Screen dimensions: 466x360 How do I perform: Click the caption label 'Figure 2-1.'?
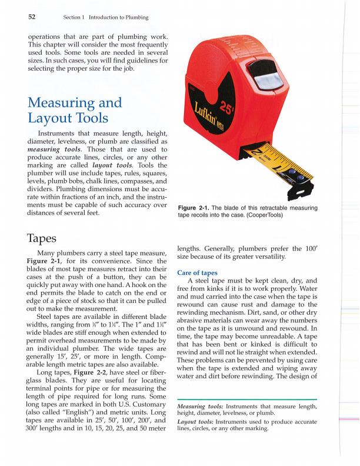(x=195, y=208)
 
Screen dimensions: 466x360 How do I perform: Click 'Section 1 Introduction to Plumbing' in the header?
(x=106, y=17)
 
